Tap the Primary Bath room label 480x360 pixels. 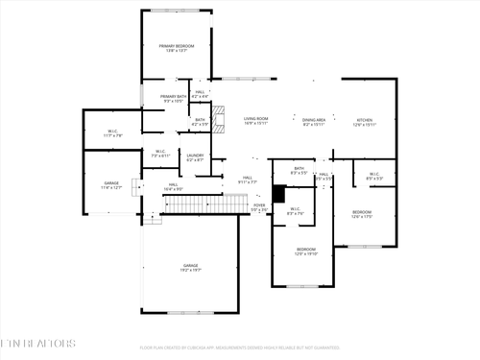174,99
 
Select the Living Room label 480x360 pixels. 255,121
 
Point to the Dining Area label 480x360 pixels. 314,121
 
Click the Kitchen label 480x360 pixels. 364,121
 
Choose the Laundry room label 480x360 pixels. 195,156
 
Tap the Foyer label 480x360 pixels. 259,206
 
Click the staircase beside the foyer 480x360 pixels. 213,204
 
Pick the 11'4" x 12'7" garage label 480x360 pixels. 112,184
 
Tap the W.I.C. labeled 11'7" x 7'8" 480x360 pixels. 112,133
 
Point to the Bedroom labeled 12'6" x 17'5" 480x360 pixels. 361,214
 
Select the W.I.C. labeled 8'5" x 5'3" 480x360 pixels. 374,177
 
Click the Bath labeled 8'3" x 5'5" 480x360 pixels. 300,171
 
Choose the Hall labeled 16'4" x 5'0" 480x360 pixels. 173,187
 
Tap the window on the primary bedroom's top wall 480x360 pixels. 177,11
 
